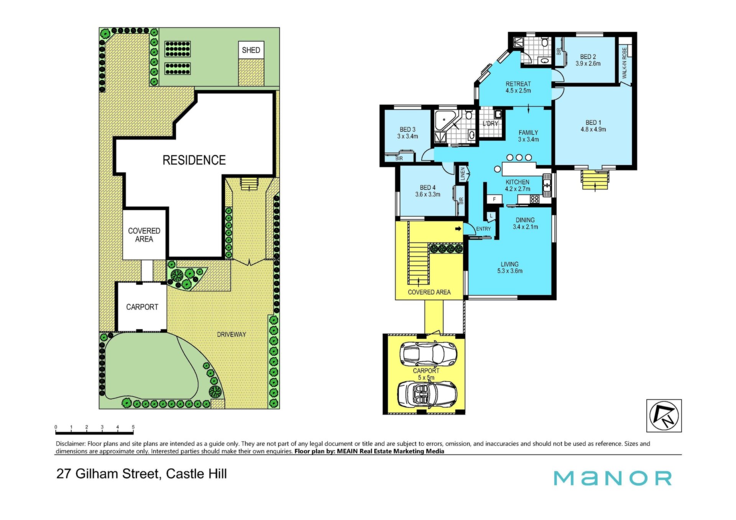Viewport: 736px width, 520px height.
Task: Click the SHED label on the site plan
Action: (251, 50)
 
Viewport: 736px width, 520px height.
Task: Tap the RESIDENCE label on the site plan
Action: (194, 160)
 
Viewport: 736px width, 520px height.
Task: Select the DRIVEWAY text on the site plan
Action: (232, 335)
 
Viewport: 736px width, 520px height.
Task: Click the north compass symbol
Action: (664, 416)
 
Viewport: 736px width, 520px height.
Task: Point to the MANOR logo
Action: (613, 478)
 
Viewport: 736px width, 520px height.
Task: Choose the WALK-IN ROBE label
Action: (624, 63)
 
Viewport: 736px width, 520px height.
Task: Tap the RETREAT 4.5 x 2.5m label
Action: (518, 87)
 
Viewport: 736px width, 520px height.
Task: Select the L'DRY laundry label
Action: (490, 123)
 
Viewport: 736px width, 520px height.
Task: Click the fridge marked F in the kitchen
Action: (495, 199)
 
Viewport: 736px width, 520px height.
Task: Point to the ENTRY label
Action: (483, 229)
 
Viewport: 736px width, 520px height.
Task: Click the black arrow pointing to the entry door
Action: (458, 229)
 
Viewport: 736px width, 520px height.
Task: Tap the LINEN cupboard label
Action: (463, 174)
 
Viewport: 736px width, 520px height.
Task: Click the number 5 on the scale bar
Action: (133, 427)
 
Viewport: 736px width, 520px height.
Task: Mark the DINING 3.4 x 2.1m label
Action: (525, 223)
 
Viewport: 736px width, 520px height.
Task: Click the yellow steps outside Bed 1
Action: (595, 180)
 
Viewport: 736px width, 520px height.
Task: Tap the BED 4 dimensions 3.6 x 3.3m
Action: (428, 195)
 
